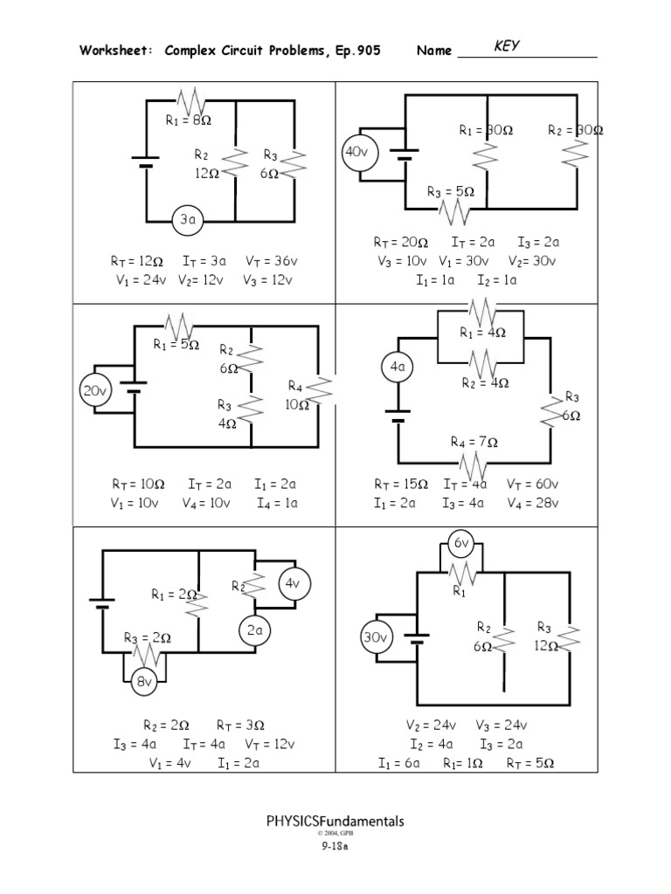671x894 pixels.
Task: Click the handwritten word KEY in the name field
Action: coord(508,46)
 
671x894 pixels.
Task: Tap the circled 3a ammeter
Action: coord(187,221)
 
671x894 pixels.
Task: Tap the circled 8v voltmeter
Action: coord(143,683)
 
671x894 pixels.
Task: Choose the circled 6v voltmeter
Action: coord(460,544)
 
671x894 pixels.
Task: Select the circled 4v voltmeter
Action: coord(294,584)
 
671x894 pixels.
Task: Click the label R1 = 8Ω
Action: coord(190,121)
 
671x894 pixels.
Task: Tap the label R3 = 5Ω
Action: coord(450,192)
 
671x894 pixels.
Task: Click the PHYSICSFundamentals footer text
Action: coord(335,822)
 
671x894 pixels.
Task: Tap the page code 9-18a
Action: coord(335,845)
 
